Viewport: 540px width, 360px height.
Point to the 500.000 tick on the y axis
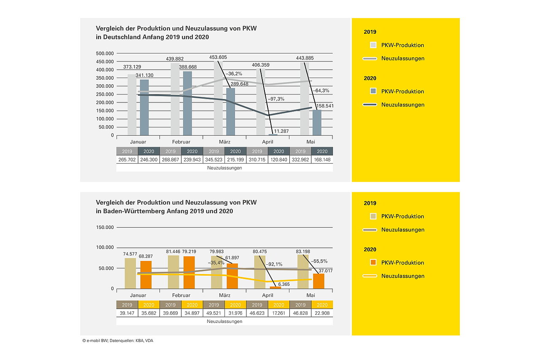pyautogui.click(x=105, y=54)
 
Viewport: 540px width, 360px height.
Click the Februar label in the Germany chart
pyautogui.click(x=181, y=142)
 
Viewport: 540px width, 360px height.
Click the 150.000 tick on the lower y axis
pyautogui.click(x=105, y=227)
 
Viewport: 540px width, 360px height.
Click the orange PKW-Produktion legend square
pyautogui.click(x=373, y=263)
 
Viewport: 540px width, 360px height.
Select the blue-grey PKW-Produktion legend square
pyautogui.click(x=373, y=91)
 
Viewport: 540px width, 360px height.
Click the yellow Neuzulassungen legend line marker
pyautogui.click(x=370, y=276)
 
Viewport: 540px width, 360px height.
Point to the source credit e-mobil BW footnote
pyautogui.click(x=118, y=340)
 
